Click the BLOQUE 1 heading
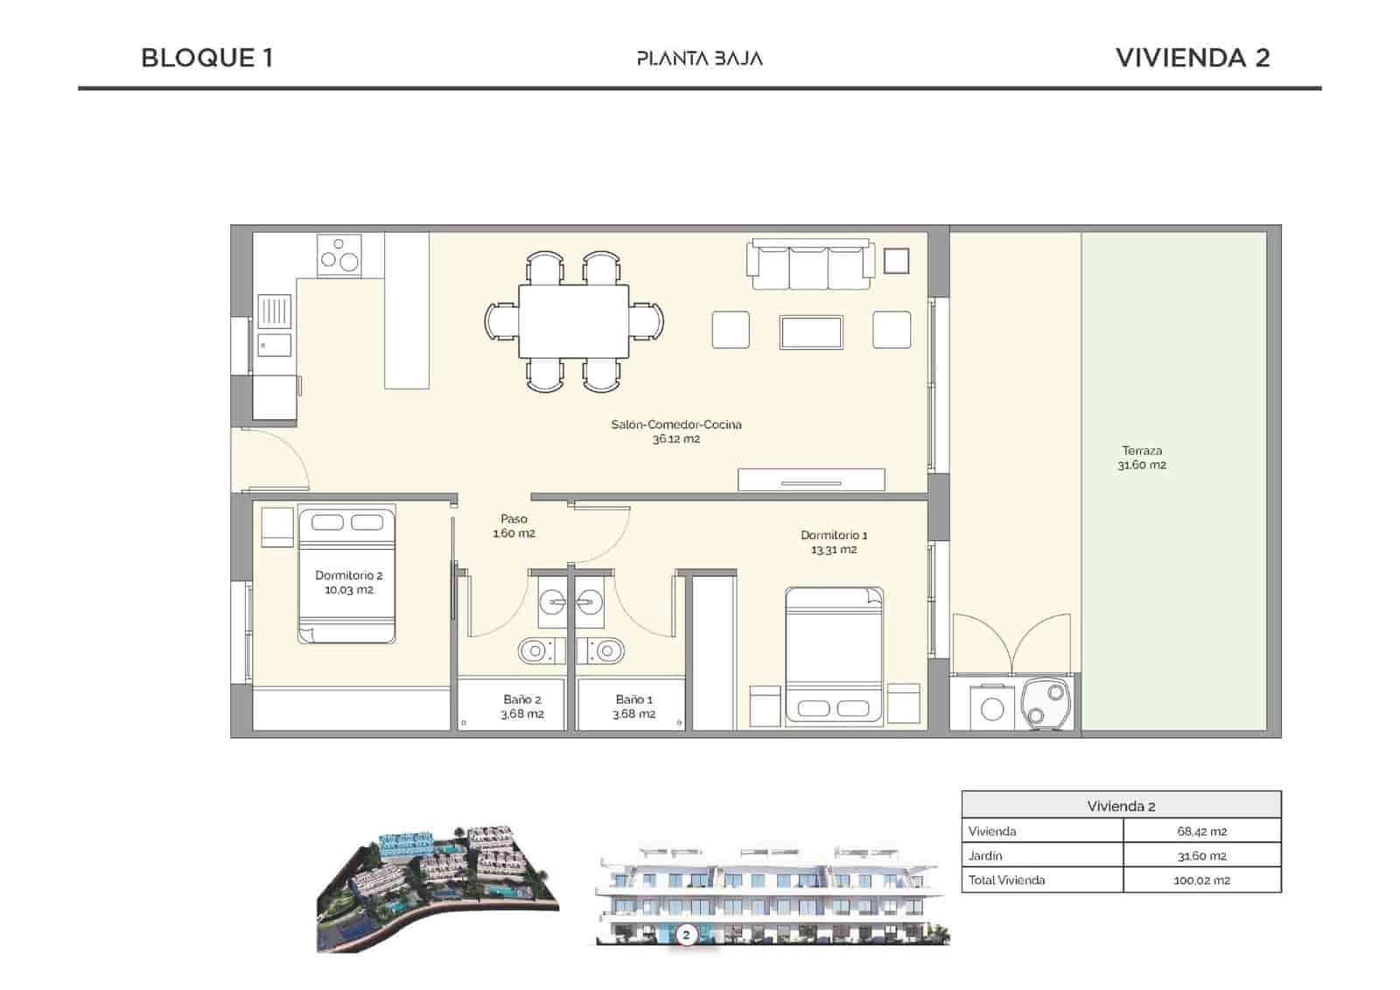[x=207, y=58]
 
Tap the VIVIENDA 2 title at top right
[x=1192, y=58]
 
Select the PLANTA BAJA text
[x=699, y=59]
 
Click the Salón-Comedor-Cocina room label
[x=675, y=432]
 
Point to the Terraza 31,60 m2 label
[x=1141, y=458]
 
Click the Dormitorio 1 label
[x=834, y=542]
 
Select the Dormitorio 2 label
[x=348, y=582]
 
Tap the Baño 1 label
[x=633, y=706]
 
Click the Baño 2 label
[x=521, y=706]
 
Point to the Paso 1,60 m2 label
[x=514, y=525]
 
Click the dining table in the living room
[x=573, y=320]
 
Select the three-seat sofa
[x=810, y=264]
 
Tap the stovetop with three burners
[x=339, y=255]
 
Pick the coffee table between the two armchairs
[x=811, y=332]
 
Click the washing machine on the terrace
[x=991, y=707]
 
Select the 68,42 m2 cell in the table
[x=1201, y=831]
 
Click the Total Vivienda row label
[x=1006, y=880]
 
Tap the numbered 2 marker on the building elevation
[x=686, y=935]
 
